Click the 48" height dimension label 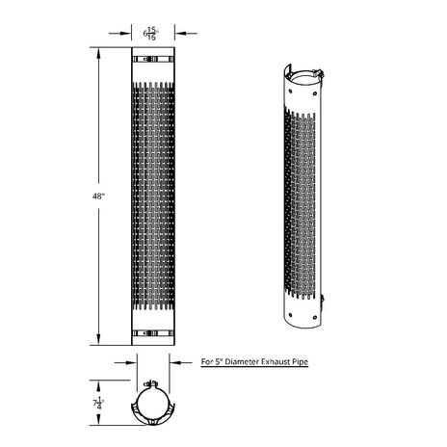tap(99, 197)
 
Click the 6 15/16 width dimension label tap(151, 34)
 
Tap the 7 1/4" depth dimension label tap(98, 403)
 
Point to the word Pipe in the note tap(301, 362)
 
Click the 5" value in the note tap(218, 362)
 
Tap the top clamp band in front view tap(153, 59)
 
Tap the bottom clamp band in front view tap(153, 333)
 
